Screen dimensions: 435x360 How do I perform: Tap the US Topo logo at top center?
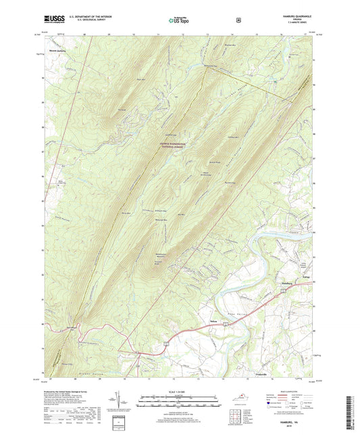[179, 20]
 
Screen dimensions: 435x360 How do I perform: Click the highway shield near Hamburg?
[284, 289]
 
